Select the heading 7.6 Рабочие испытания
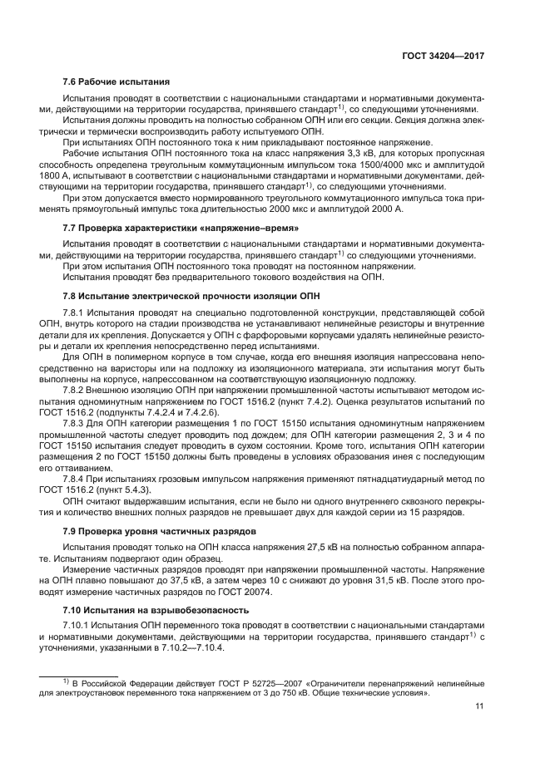[116, 81]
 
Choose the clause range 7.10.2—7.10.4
[177, 647]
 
